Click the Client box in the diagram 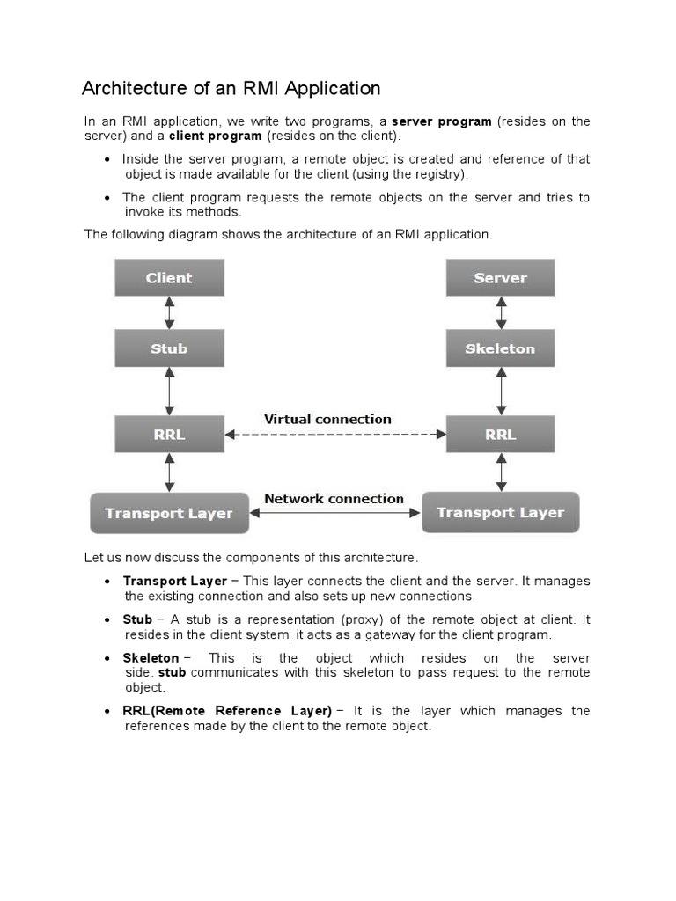[169, 278]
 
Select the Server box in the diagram [500, 278]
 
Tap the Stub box [169, 348]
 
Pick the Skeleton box [500, 348]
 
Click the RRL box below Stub [169, 435]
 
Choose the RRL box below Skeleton [500, 435]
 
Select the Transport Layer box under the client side [169, 513]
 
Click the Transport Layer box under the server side [500, 512]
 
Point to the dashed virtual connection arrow [334, 434]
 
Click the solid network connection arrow [334, 512]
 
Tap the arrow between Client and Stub [169, 313]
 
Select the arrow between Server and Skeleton [501, 313]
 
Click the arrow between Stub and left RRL [169, 392]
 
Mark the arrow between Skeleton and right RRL [501, 392]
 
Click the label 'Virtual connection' [328, 419]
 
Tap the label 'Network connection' [334, 498]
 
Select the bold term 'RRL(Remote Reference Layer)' [227, 711]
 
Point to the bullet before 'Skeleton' [107, 659]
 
